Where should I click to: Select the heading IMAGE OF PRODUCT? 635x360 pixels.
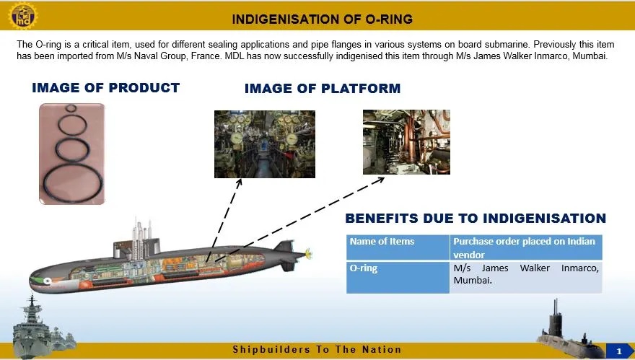point(105,88)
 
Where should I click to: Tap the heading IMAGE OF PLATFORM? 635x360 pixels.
point(322,89)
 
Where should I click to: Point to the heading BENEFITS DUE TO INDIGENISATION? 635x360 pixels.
point(475,218)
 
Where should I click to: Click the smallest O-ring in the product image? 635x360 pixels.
point(70,110)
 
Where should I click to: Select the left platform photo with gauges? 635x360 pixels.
point(264,144)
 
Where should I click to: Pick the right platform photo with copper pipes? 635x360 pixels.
point(406,141)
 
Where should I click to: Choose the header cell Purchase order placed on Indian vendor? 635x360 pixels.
point(525,247)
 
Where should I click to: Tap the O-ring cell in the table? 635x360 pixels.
point(398,277)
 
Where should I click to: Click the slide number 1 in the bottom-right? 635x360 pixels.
point(618,351)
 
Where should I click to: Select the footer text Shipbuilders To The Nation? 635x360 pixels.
point(317,350)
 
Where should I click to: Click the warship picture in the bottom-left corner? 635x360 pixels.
point(36,325)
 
